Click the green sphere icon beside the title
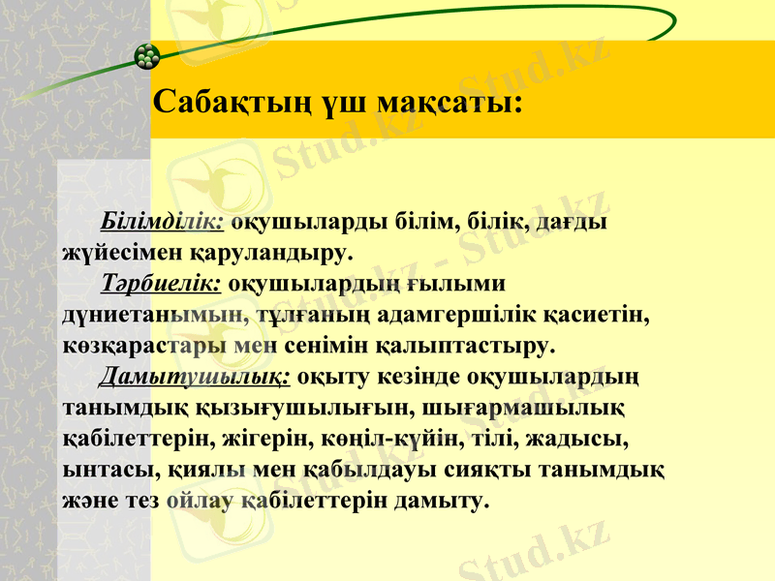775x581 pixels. pyautogui.click(x=146, y=56)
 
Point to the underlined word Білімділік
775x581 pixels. pyautogui.click(x=163, y=222)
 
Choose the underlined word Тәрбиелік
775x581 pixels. pyautogui.click(x=162, y=284)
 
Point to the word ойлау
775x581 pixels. pyautogui.click(x=199, y=501)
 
